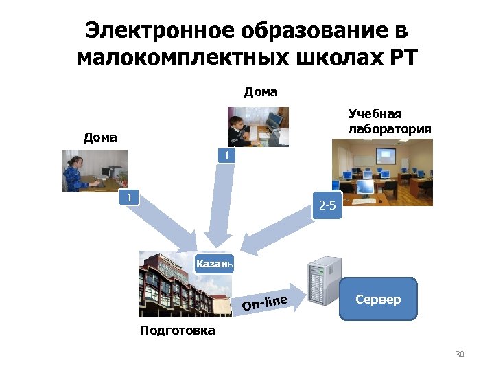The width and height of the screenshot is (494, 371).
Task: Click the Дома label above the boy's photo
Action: click(x=261, y=92)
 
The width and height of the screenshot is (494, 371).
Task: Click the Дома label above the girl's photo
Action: click(x=100, y=137)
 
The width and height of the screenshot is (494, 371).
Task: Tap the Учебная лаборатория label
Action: click(x=389, y=121)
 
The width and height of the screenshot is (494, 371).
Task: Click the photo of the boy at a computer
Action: click(x=258, y=126)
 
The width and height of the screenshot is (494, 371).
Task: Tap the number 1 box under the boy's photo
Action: click(x=226, y=156)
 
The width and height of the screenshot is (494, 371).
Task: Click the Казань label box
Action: click(x=214, y=263)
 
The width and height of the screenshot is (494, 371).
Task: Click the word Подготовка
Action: click(x=177, y=330)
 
